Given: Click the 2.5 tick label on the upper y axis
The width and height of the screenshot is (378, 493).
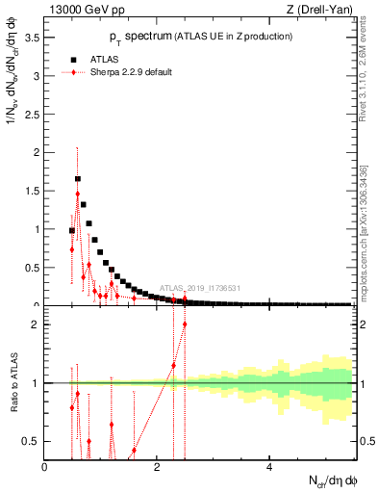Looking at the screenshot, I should point(32,114).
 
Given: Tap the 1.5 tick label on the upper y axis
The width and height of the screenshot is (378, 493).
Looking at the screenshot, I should point(32,191).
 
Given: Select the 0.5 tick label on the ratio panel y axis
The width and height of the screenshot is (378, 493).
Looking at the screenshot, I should point(32,441).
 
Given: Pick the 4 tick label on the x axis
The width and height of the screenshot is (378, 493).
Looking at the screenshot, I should point(268,466).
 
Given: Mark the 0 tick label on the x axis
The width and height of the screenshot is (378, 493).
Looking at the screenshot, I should point(44,466).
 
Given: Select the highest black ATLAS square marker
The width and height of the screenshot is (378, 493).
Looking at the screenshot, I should point(78,178).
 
